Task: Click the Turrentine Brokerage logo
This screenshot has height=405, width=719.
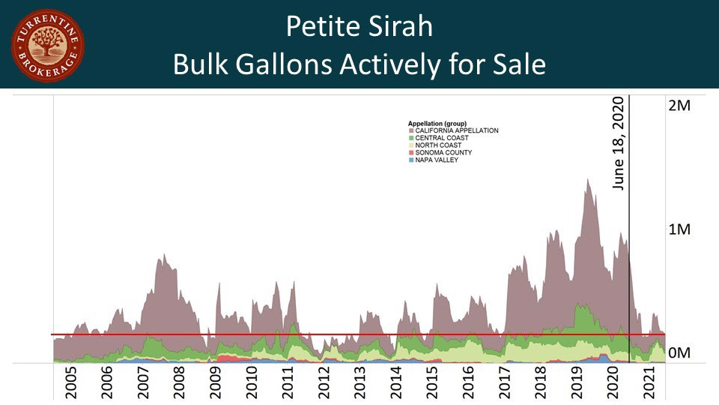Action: point(48,46)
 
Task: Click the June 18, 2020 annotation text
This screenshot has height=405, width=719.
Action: point(619,143)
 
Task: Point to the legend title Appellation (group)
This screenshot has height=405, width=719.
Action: point(437,122)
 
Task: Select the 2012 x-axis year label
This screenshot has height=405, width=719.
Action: point(324,383)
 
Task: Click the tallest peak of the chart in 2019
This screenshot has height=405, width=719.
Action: point(588,181)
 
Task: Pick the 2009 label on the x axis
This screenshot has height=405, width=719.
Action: point(216,383)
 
